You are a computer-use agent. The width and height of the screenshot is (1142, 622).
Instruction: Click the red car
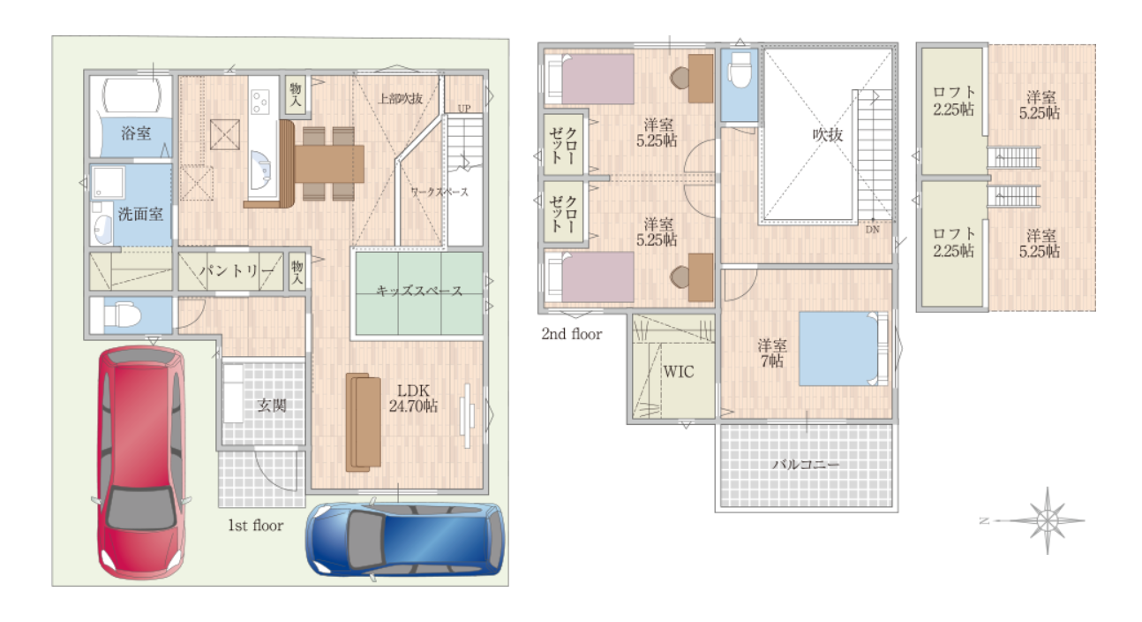coord(141,462)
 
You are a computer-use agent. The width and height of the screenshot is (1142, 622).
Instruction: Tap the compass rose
coord(1046,521)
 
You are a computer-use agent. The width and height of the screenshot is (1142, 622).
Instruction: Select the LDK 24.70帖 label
coord(413,398)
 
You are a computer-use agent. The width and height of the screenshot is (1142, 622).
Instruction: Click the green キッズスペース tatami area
coord(419,293)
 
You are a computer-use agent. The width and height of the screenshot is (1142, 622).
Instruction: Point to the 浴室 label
coord(136,133)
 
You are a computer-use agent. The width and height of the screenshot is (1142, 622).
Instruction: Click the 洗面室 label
coord(140,215)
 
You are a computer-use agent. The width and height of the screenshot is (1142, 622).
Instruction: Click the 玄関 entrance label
coord(271,406)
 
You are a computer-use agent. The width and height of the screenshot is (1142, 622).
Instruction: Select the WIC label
coord(679,371)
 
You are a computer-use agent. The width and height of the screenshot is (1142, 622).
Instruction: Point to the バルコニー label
coord(806,465)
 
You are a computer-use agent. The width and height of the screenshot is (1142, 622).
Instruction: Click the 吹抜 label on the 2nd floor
coord(828,134)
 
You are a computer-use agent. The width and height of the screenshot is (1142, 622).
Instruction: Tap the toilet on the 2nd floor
coord(740,72)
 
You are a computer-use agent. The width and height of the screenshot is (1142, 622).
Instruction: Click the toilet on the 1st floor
coord(122,315)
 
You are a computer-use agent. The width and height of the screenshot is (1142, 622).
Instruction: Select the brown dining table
coord(329,163)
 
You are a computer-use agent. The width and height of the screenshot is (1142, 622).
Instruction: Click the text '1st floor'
coord(255,526)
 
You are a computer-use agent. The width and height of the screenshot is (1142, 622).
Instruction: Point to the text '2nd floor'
coord(572,334)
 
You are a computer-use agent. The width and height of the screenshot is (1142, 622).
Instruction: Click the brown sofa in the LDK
coord(364,422)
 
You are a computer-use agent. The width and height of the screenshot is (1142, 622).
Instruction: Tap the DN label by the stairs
coord(872,230)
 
